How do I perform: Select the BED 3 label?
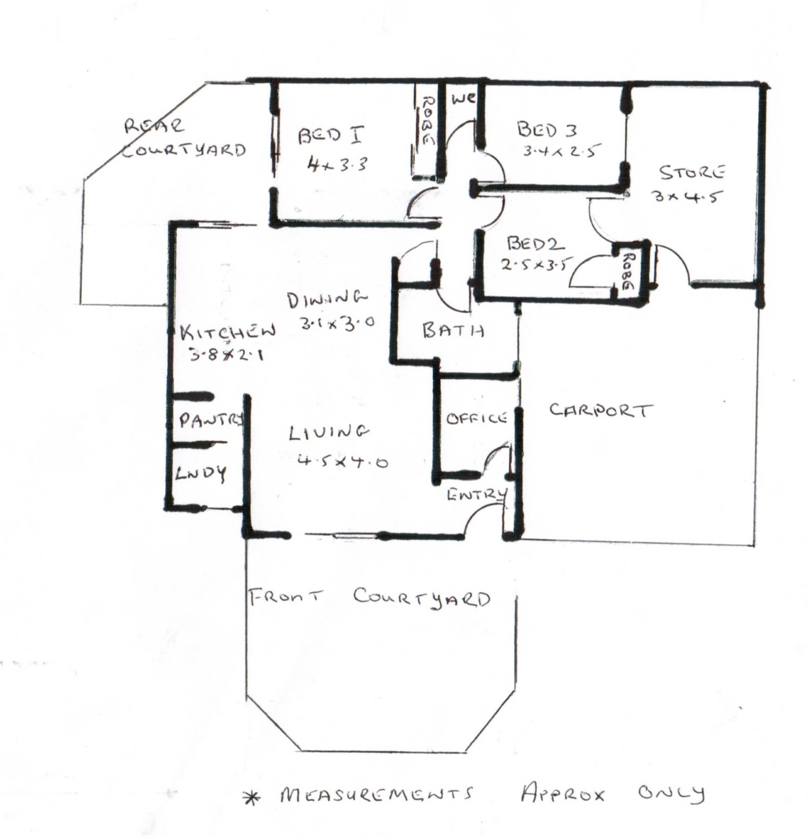(547, 129)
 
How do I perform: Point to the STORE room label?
(692, 172)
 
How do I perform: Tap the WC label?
(463, 99)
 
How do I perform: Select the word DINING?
(327, 299)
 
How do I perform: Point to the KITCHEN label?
(228, 332)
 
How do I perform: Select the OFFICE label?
(477, 418)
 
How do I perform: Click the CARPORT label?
(601, 410)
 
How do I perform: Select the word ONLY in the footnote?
(671, 793)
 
